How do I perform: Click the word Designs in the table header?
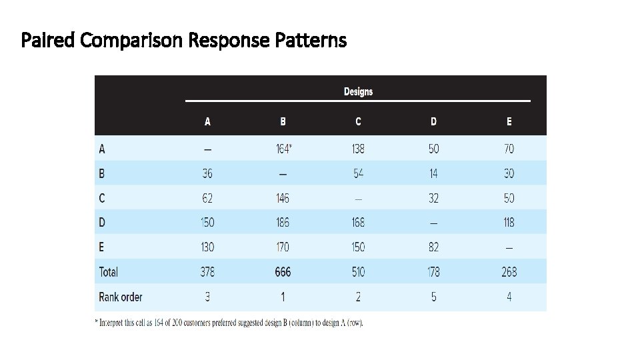tap(358, 91)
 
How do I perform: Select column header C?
tap(358, 121)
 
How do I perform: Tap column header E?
tap(509, 121)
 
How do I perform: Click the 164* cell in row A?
tap(283, 149)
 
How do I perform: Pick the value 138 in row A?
tap(358, 149)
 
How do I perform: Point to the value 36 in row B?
tap(207, 173)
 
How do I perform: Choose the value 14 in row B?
tap(434, 173)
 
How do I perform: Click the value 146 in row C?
tap(283, 198)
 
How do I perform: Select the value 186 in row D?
tap(283, 223)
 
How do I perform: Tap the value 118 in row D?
tap(509, 223)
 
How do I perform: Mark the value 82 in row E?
tap(434, 247)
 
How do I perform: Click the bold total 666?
tap(283, 272)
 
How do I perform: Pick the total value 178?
tap(434, 272)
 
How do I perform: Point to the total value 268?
tap(509, 272)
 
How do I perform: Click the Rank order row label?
tap(121, 297)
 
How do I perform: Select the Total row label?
tap(108, 272)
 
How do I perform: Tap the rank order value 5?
tap(434, 297)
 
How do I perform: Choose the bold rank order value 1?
tap(283, 297)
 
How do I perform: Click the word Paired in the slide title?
tap(49, 41)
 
